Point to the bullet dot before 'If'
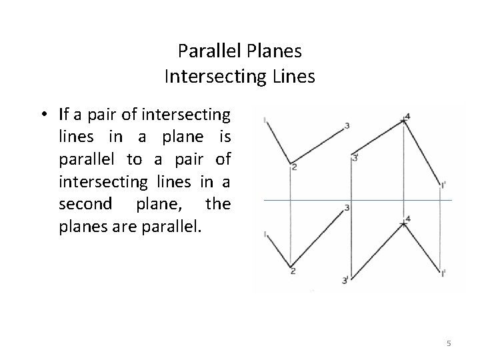coord(43,114)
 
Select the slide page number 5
coord(449,343)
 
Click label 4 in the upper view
coord(407,116)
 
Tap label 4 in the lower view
coord(407,218)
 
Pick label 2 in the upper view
coord(293,167)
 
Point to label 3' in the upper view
coord(355,158)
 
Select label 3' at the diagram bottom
coord(345,281)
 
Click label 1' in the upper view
coord(443,185)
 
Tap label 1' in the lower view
coord(443,273)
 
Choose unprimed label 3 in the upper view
coord(347,125)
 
